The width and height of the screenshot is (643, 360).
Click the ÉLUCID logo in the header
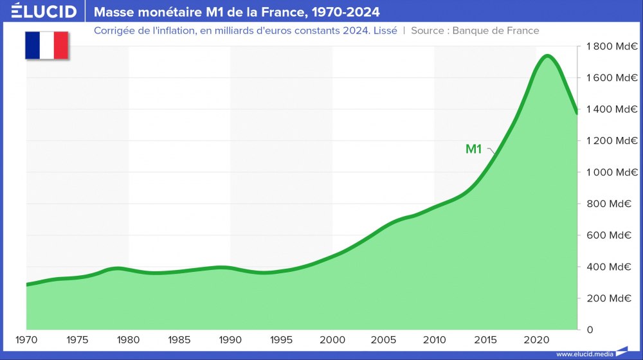point(44,12)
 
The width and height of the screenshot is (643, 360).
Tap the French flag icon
point(46,45)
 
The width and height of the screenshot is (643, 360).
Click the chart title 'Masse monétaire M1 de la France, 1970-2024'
point(237,12)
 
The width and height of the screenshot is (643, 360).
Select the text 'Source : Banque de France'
point(475,30)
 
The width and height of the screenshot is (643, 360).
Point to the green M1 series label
point(473,149)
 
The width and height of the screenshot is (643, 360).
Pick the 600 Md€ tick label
point(611,235)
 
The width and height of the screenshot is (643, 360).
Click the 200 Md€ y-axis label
point(611,298)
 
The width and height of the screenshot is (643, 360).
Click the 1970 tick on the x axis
point(26,339)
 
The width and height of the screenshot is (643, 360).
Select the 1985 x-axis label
point(179,339)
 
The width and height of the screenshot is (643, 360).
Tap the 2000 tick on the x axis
point(332,339)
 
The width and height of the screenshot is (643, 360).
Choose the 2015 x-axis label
point(485,339)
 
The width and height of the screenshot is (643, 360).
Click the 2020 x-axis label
point(536,339)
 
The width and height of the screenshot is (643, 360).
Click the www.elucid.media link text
point(584,354)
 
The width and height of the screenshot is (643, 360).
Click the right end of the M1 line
point(577,113)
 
